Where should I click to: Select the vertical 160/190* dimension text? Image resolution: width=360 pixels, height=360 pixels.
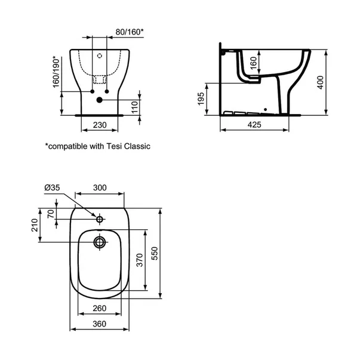57,72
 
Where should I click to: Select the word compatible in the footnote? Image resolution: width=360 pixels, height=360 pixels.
70,145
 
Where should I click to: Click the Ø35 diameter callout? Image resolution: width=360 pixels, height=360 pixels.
54,187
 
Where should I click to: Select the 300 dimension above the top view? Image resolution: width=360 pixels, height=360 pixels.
100,187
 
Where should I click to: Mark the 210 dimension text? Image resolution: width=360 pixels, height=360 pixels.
35,224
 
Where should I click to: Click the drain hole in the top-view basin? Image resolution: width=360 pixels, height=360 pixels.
100,242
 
